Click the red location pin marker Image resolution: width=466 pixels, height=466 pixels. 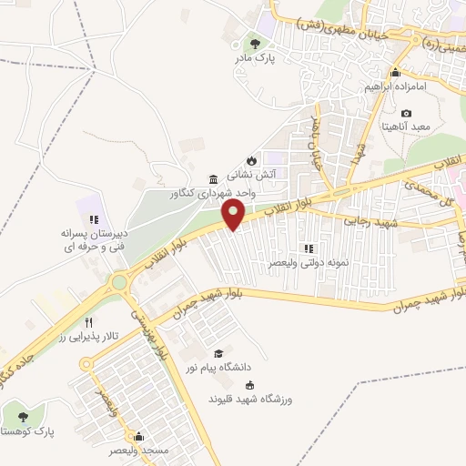(234, 216)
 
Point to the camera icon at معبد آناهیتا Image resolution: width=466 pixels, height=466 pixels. (406, 112)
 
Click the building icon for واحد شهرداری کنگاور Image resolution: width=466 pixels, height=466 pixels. (213, 178)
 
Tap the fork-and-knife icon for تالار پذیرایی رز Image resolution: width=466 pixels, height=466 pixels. (88, 322)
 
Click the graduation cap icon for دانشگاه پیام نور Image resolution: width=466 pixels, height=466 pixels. (218, 353)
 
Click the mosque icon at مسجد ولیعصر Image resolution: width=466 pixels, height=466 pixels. (138, 436)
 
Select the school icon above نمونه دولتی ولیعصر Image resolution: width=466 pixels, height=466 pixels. (309, 248)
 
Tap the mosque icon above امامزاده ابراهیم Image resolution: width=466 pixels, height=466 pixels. (395, 73)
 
